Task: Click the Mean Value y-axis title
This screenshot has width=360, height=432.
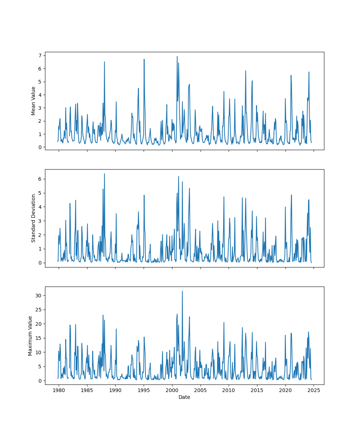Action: pyautogui.click(x=33, y=101)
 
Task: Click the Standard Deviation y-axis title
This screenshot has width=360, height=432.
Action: pyautogui.click(x=33, y=218)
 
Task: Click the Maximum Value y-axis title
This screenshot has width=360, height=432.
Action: pyautogui.click(x=31, y=336)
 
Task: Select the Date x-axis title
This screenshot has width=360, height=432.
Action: pyautogui.click(x=184, y=397)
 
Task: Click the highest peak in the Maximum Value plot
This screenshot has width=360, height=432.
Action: pyautogui.click(x=182, y=291)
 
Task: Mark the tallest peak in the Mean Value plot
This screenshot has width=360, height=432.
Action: pyautogui.click(x=177, y=56)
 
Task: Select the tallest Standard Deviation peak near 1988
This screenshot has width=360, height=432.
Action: pyautogui.click(x=104, y=174)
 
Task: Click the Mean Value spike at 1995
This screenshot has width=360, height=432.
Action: pyautogui.click(x=144, y=59)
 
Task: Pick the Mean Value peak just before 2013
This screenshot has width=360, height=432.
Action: pyautogui.click(x=246, y=71)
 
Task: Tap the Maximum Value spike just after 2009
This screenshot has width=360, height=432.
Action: pyautogui.click(x=224, y=323)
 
